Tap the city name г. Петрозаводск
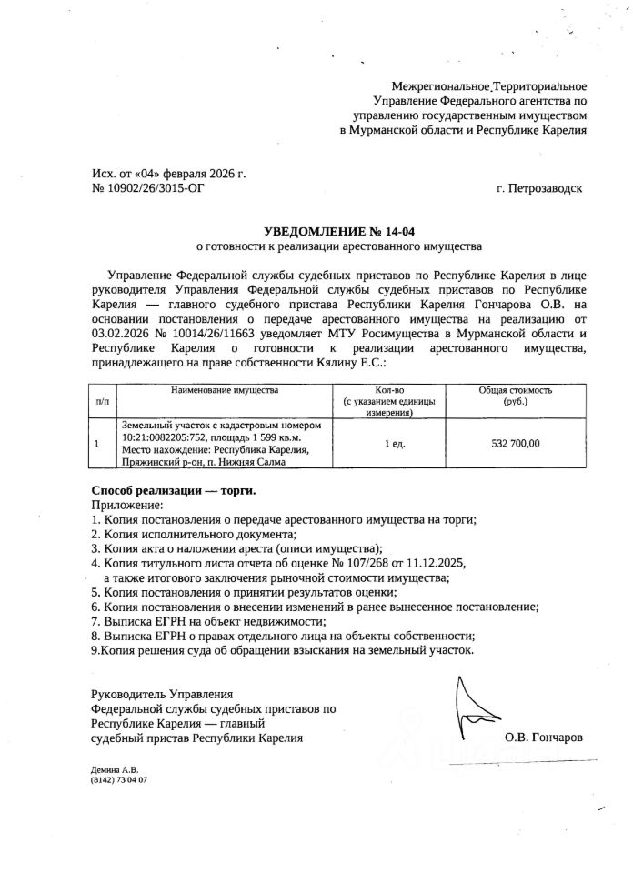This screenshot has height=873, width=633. click(x=538, y=190)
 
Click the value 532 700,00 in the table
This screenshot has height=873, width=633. click(x=515, y=444)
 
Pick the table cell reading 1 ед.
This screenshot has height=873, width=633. click(x=394, y=444)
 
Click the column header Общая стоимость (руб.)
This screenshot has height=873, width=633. click(x=515, y=395)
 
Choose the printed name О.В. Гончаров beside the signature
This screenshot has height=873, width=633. click(x=544, y=738)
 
